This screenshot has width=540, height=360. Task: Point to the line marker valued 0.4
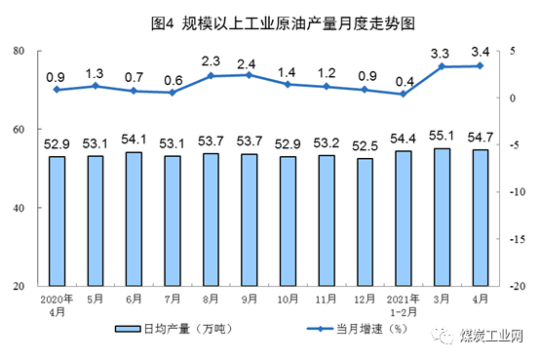point(403,94)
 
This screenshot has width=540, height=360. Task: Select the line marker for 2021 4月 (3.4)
point(480,65)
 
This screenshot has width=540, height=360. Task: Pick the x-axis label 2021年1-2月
point(403,304)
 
